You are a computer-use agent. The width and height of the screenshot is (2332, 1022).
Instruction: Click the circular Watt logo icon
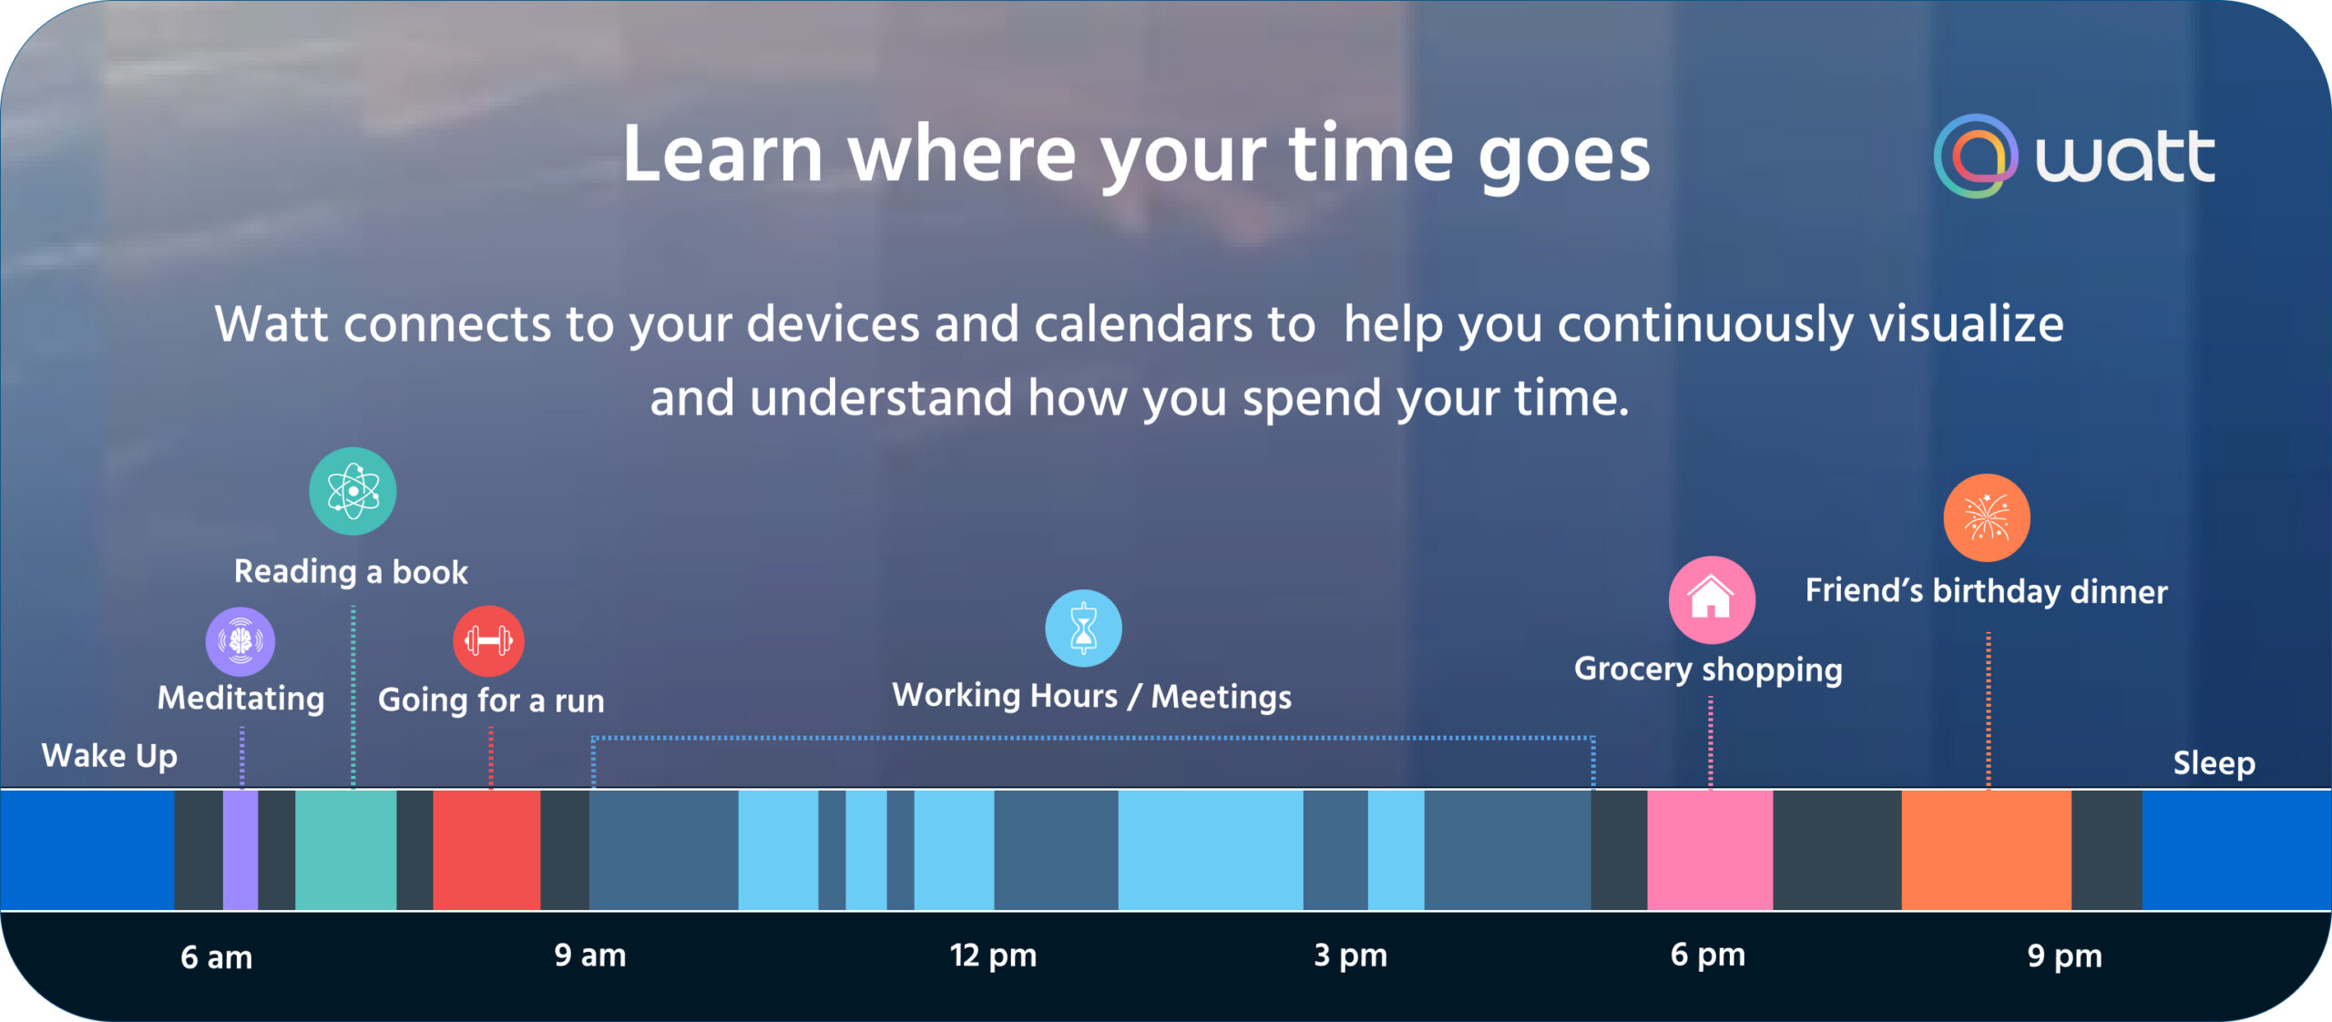pyautogui.click(x=1974, y=156)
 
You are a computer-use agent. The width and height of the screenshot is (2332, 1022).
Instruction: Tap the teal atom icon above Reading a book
pyautogui.click(x=353, y=491)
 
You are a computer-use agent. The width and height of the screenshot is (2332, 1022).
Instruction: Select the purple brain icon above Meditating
pyautogui.click(x=240, y=641)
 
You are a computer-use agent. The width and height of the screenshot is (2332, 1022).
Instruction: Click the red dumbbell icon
pyautogui.click(x=488, y=641)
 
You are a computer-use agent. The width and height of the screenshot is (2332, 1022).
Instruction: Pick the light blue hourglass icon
pyautogui.click(x=1083, y=629)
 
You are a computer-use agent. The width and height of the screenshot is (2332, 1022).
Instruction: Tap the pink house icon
pyautogui.click(x=1711, y=599)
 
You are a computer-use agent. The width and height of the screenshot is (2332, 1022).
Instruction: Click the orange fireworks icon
pyautogui.click(x=1986, y=517)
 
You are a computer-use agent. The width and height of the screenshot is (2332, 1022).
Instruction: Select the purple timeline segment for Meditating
pyautogui.click(x=240, y=849)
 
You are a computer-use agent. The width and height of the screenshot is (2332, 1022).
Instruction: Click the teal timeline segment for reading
pyautogui.click(x=345, y=849)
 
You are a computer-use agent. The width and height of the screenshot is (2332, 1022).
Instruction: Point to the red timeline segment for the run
pyautogui.click(x=486, y=849)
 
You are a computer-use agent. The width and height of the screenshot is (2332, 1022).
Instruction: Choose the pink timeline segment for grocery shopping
pyautogui.click(x=1710, y=849)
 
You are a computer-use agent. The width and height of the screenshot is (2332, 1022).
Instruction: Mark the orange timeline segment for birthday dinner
pyautogui.click(x=1986, y=849)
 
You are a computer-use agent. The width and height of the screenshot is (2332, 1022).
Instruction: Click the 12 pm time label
pyautogui.click(x=993, y=956)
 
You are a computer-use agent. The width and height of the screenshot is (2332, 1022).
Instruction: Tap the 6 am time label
pyautogui.click(x=216, y=957)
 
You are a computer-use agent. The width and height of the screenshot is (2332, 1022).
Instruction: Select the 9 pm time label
pyautogui.click(x=2064, y=956)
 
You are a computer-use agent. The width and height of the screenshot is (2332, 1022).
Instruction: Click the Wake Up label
pyautogui.click(x=109, y=756)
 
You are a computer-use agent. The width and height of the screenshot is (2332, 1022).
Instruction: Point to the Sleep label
pyautogui.click(x=2214, y=763)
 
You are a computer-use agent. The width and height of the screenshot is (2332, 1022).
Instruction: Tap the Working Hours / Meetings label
pyautogui.click(x=1091, y=697)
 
